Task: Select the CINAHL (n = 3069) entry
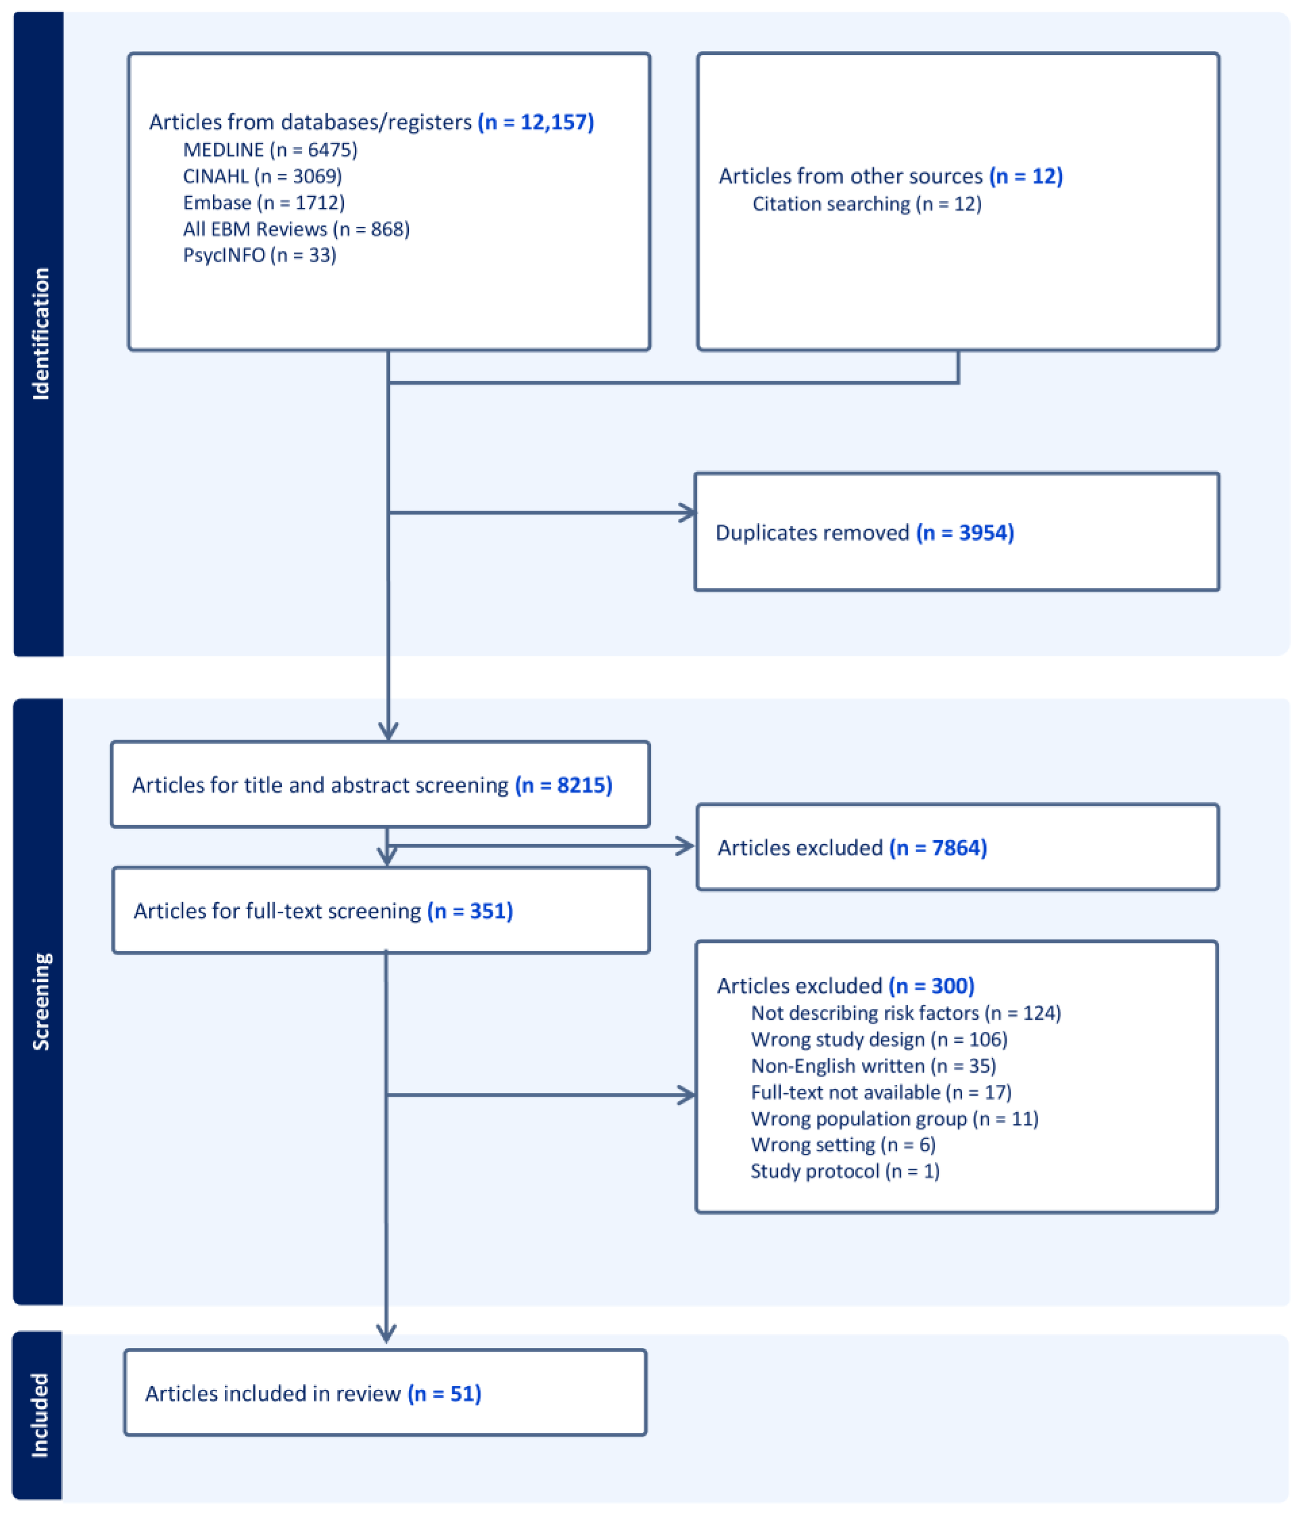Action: tap(262, 176)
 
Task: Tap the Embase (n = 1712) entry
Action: tap(263, 203)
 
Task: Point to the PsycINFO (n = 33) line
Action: tap(259, 256)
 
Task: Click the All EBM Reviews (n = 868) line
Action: tap(296, 229)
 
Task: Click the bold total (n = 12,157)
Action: tap(535, 122)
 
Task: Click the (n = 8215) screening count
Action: tap(563, 785)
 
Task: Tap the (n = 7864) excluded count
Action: tap(938, 848)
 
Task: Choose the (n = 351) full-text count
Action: tap(470, 911)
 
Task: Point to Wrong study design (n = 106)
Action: tap(879, 1040)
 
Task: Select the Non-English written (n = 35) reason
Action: tap(873, 1066)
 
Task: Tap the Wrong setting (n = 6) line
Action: tap(843, 1145)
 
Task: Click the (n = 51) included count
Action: tap(444, 1394)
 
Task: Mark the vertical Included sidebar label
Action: tap(40, 1416)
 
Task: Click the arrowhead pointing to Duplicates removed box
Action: tap(688, 513)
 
